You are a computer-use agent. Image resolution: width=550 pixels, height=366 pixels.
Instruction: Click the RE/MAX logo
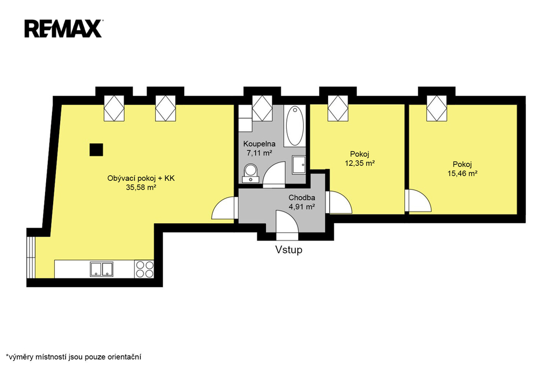63,28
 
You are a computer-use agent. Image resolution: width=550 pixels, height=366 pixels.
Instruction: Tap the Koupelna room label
259,144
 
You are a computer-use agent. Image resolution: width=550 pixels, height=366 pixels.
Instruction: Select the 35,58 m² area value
141,187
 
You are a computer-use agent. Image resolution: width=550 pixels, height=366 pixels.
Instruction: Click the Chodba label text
302,197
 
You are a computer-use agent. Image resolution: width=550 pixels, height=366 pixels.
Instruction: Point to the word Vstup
288,250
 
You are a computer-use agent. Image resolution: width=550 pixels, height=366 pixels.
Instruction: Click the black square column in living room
96,150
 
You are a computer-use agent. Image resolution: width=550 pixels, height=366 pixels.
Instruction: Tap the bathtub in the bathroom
295,126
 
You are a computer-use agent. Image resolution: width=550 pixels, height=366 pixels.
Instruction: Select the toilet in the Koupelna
251,172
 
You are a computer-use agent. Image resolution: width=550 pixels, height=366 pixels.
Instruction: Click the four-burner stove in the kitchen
144,269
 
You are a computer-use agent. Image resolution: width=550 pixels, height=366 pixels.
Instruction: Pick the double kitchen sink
102,269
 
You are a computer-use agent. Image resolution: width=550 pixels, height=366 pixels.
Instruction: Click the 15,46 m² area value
462,173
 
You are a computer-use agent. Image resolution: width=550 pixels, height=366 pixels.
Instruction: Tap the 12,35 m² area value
360,163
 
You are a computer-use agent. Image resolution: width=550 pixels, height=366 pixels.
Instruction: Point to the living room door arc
223,209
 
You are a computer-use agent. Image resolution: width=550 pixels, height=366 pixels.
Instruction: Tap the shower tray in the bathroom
299,165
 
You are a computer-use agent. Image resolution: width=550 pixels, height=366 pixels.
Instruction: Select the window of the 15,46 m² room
437,109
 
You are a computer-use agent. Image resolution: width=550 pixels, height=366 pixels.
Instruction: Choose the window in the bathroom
262,109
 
